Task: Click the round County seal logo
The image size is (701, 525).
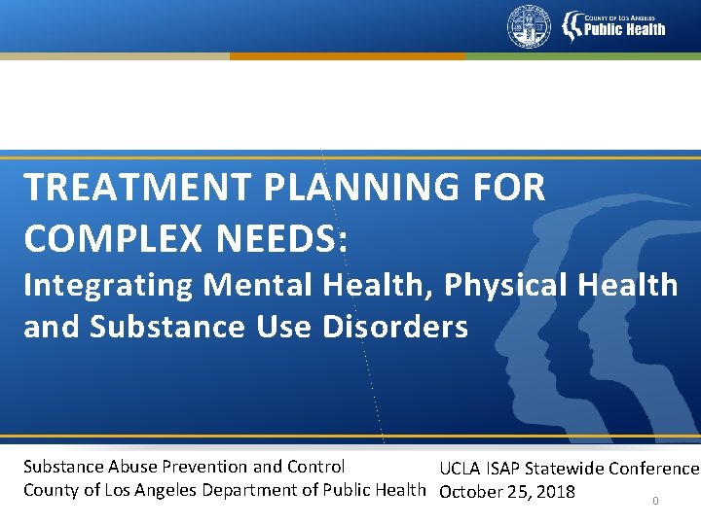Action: click(529, 26)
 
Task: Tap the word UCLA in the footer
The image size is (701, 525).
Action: click(460, 469)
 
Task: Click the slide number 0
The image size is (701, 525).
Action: click(655, 502)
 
